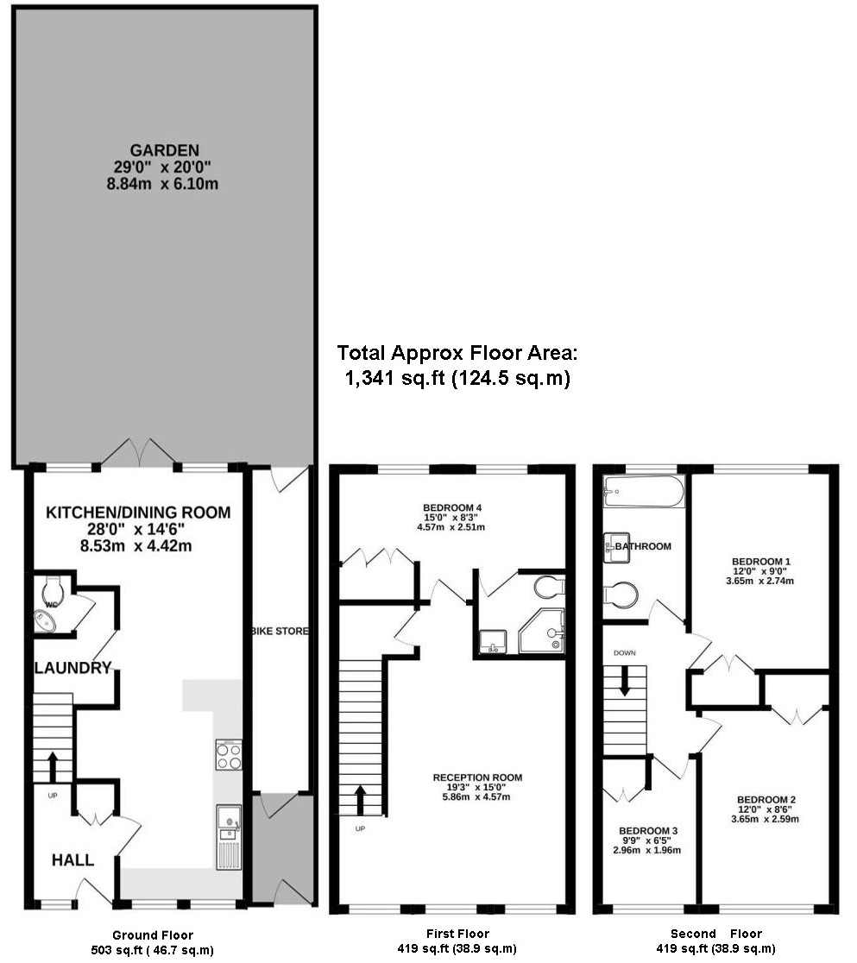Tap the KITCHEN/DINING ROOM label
tap(138, 513)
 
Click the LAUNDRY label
tap(72, 667)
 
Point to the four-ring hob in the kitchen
tap(229, 755)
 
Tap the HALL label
tap(72, 859)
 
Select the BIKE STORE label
tap(280, 632)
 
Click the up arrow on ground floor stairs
tap(53, 765)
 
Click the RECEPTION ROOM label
tap(477, 777)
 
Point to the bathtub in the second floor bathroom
tap(644, 491)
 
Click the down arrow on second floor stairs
tap(625, 683)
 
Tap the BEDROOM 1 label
tap(760, 562)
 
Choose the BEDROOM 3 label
tap(648, 831)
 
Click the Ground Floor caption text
tap(153, 935)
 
